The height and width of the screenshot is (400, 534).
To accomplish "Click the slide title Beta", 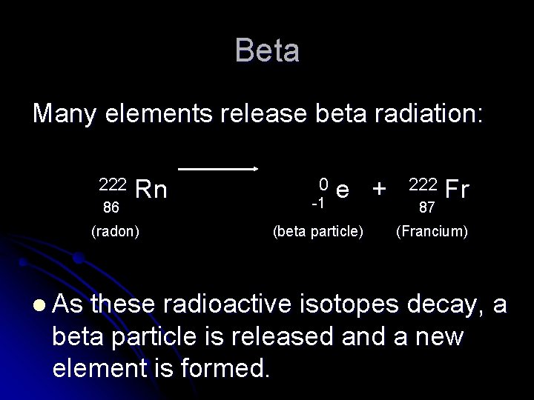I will coord(267,51).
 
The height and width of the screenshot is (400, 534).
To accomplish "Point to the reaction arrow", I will coord(217,169).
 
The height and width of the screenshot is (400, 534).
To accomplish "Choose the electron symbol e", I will coord(343,190).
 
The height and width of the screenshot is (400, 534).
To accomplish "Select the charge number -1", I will coord(319,201).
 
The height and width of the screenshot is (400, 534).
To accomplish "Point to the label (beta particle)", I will coord(318,232).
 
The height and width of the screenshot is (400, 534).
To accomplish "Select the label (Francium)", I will coord(432,232).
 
